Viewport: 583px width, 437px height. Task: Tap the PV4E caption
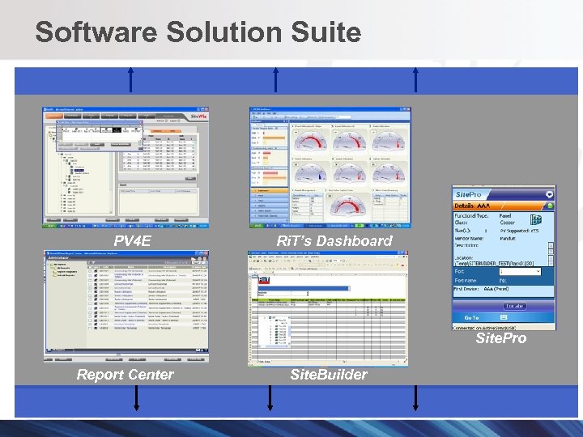click(x=132, y=240)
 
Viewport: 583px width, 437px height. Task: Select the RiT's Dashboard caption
click(x=334, y=240)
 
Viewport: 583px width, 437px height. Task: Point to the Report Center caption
click(x=125, y=374)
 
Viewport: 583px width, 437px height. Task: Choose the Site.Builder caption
click(x=328, y=374)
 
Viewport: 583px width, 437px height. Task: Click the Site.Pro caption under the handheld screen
click(x=500, y=338)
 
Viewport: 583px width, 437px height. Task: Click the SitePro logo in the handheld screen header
click(x=470, y=195)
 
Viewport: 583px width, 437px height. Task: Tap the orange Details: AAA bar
click(x=503, y=207)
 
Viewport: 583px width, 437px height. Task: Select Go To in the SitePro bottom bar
click(x=472, y=317)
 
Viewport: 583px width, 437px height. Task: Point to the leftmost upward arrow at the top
click(x=130, y=81)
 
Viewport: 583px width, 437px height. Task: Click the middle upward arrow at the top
click(x=276, y=81)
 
